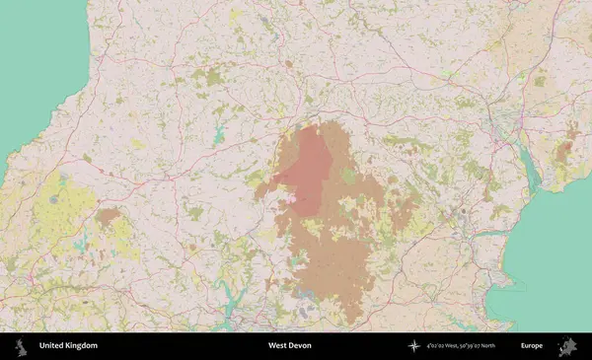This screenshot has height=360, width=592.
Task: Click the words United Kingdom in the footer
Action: coord(68,346)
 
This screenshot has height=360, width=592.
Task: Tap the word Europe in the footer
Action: coord(532,346)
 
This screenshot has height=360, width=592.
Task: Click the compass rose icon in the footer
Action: coord(414,346)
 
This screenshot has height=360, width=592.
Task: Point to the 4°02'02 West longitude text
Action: coord(445,346)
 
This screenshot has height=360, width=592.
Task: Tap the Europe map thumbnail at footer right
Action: coord(567,346)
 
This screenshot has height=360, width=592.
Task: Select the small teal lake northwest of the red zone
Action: coord(218,137)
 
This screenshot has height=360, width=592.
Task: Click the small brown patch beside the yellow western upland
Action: coord(108,215)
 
